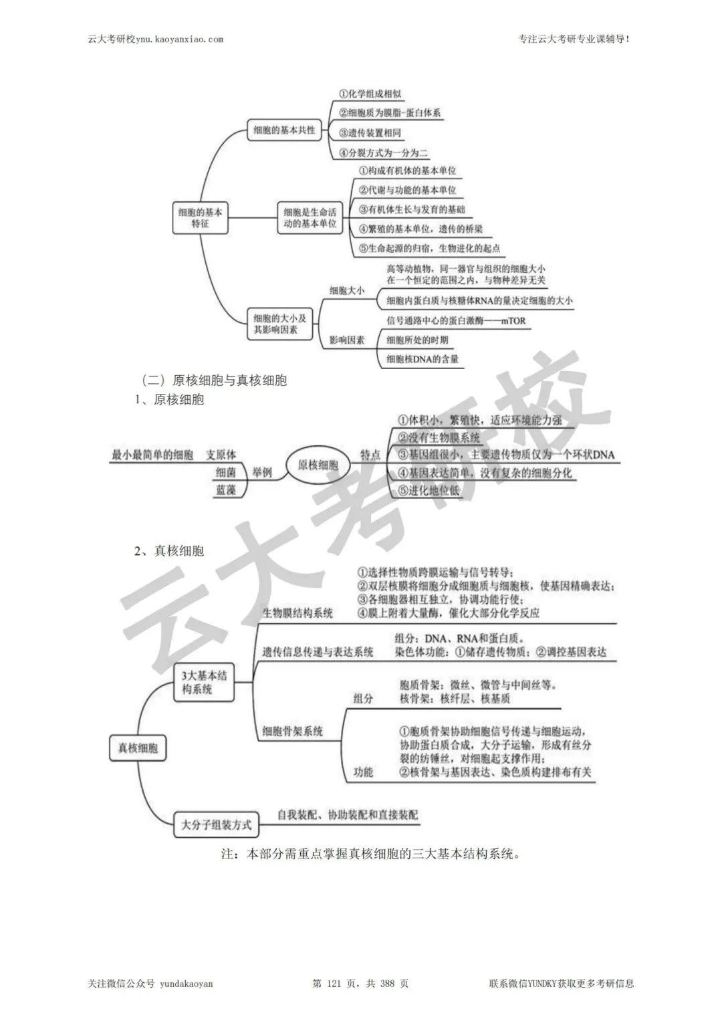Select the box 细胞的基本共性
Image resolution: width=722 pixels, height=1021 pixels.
click(x=284, y=130)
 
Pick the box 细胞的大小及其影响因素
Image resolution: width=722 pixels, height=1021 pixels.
click(x=280, y=324)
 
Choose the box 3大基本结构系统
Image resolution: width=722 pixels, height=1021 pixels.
click(x=204, y=682)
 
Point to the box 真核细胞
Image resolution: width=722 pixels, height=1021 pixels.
click(x=138, y=748)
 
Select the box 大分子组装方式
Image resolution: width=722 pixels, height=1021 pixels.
click(x=216, y=824)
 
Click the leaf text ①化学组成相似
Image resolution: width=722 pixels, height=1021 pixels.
click(x=370, y=94)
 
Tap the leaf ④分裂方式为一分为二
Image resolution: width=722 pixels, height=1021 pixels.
click(x=384, y=152)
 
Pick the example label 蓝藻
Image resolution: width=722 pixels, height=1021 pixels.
click(x=225, y=490)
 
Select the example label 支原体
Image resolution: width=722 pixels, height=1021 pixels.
click(x=221, y=455)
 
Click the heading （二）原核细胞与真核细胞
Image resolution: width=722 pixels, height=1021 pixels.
click(x=214, y=380)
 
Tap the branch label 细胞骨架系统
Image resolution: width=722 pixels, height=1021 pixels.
click(x=293, y=731)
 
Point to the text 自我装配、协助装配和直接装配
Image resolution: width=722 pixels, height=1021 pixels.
click(x=348, y=815)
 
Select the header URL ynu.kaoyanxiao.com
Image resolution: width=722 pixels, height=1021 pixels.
click(x=179, y=39)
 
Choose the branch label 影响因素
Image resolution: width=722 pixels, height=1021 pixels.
click(x=347, y=340)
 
